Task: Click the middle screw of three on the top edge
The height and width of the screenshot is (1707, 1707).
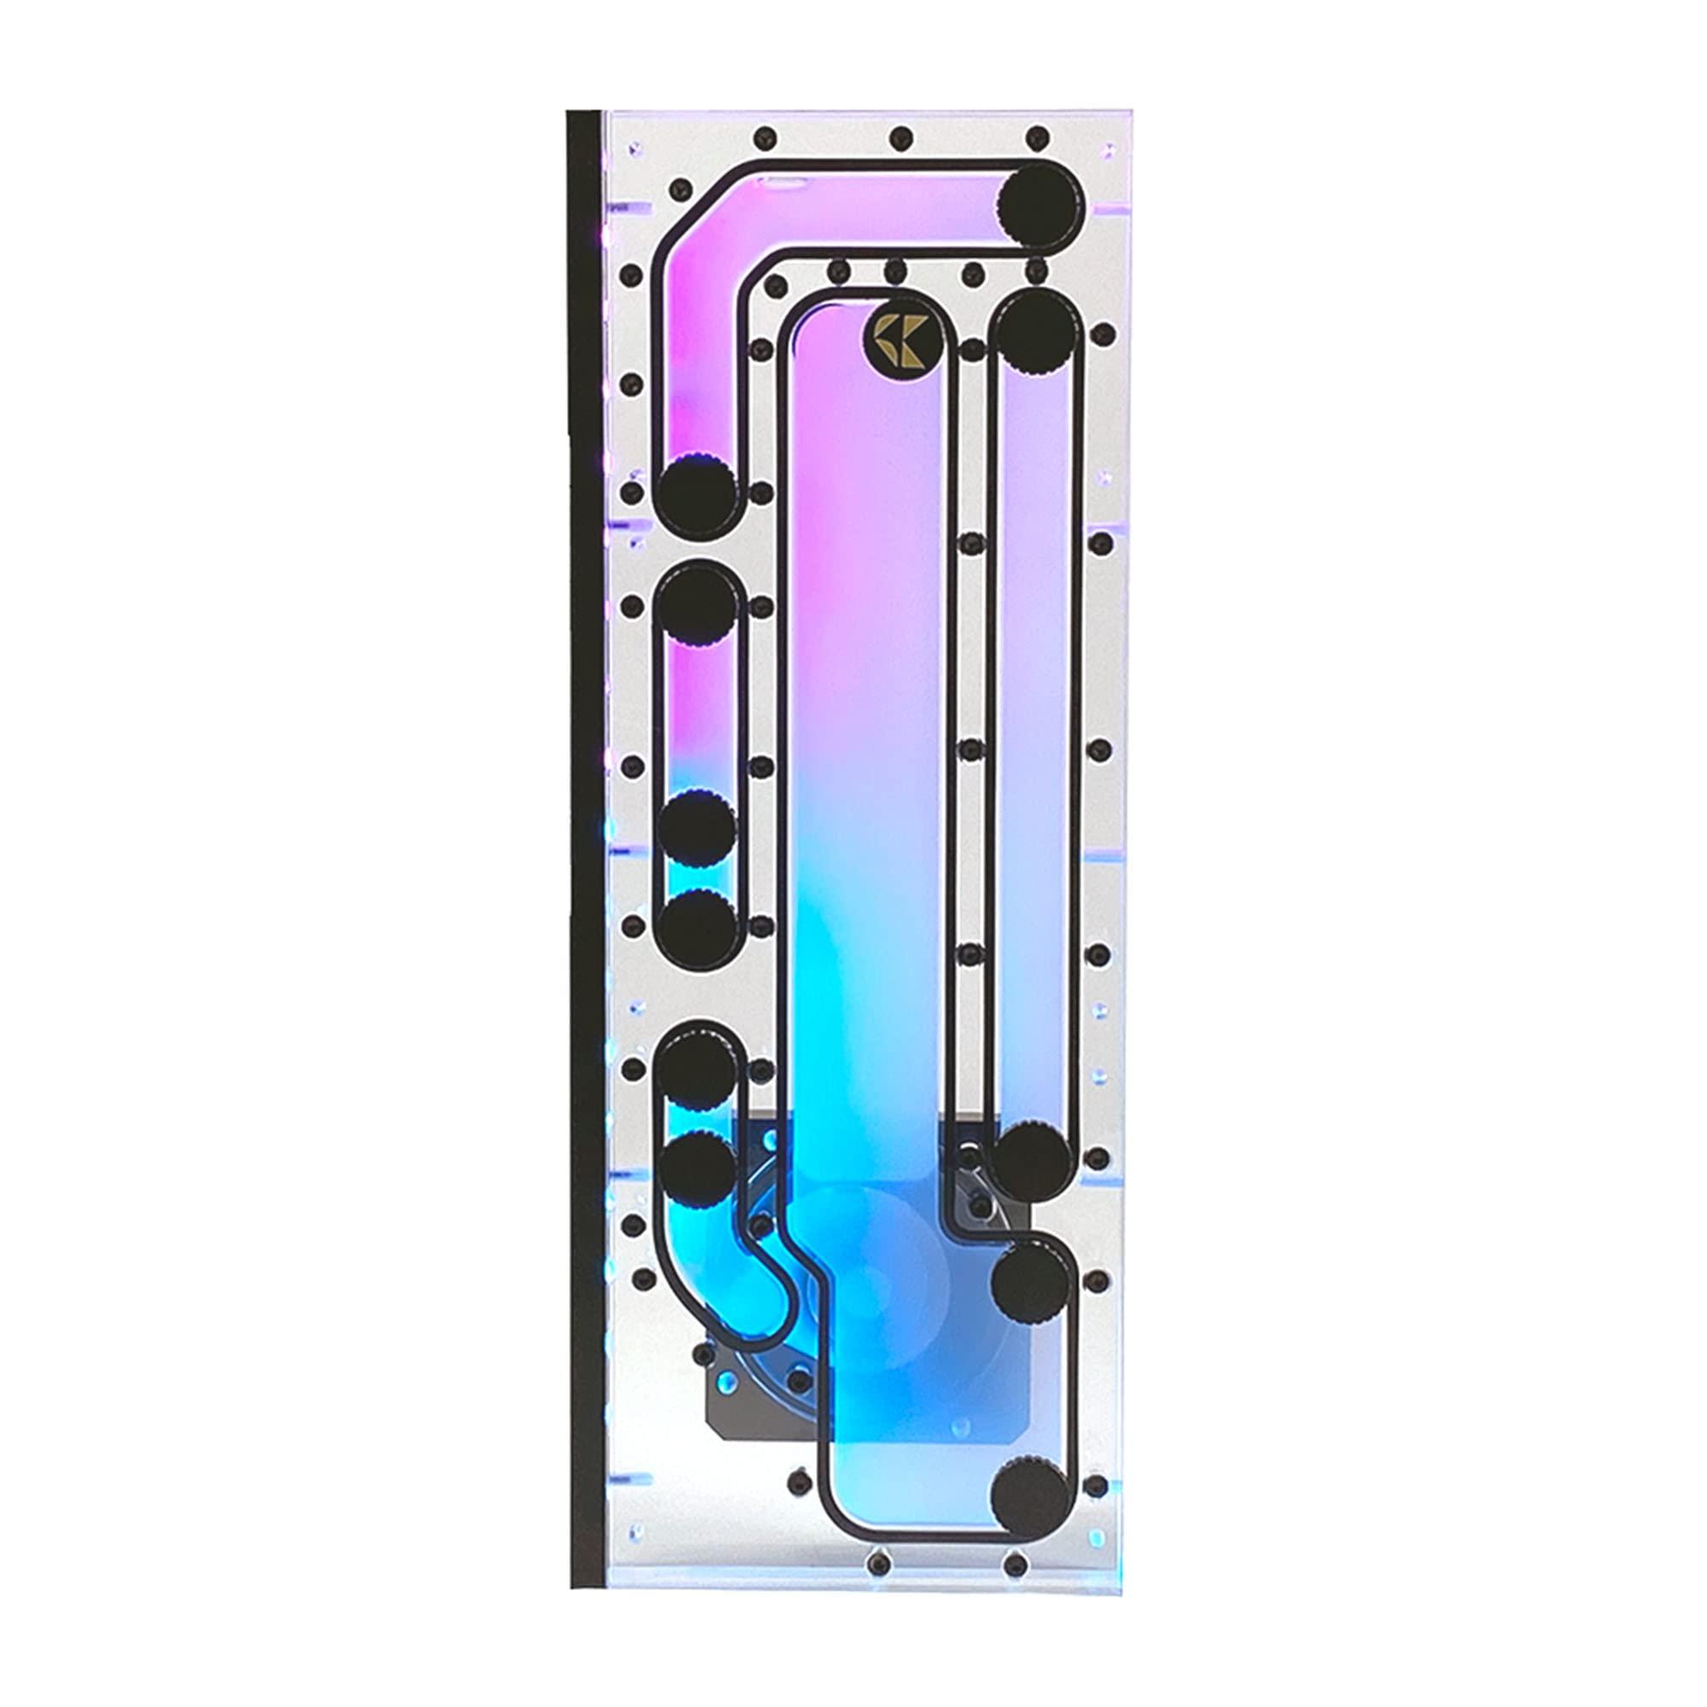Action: click(900, 137)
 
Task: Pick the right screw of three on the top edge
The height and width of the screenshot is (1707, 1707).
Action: click(1038, 137)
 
